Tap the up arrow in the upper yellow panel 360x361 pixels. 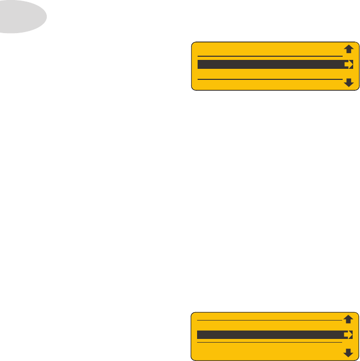[x=348, y=49]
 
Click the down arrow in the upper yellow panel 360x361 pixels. [x=348, y=82]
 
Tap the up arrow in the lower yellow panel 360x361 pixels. [x=348, y=318]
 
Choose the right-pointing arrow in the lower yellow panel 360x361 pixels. [x=348, y=334]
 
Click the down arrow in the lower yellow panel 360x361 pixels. [x=348, y=352]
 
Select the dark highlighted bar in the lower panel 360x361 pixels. [x=268, y=334]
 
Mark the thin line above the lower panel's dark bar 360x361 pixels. [x=268, y=320]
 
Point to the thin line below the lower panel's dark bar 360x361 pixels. [x=268, y=342]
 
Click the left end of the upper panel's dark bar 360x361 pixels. [x=200, y=65]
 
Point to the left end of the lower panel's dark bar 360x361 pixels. [x=200, y=334]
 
